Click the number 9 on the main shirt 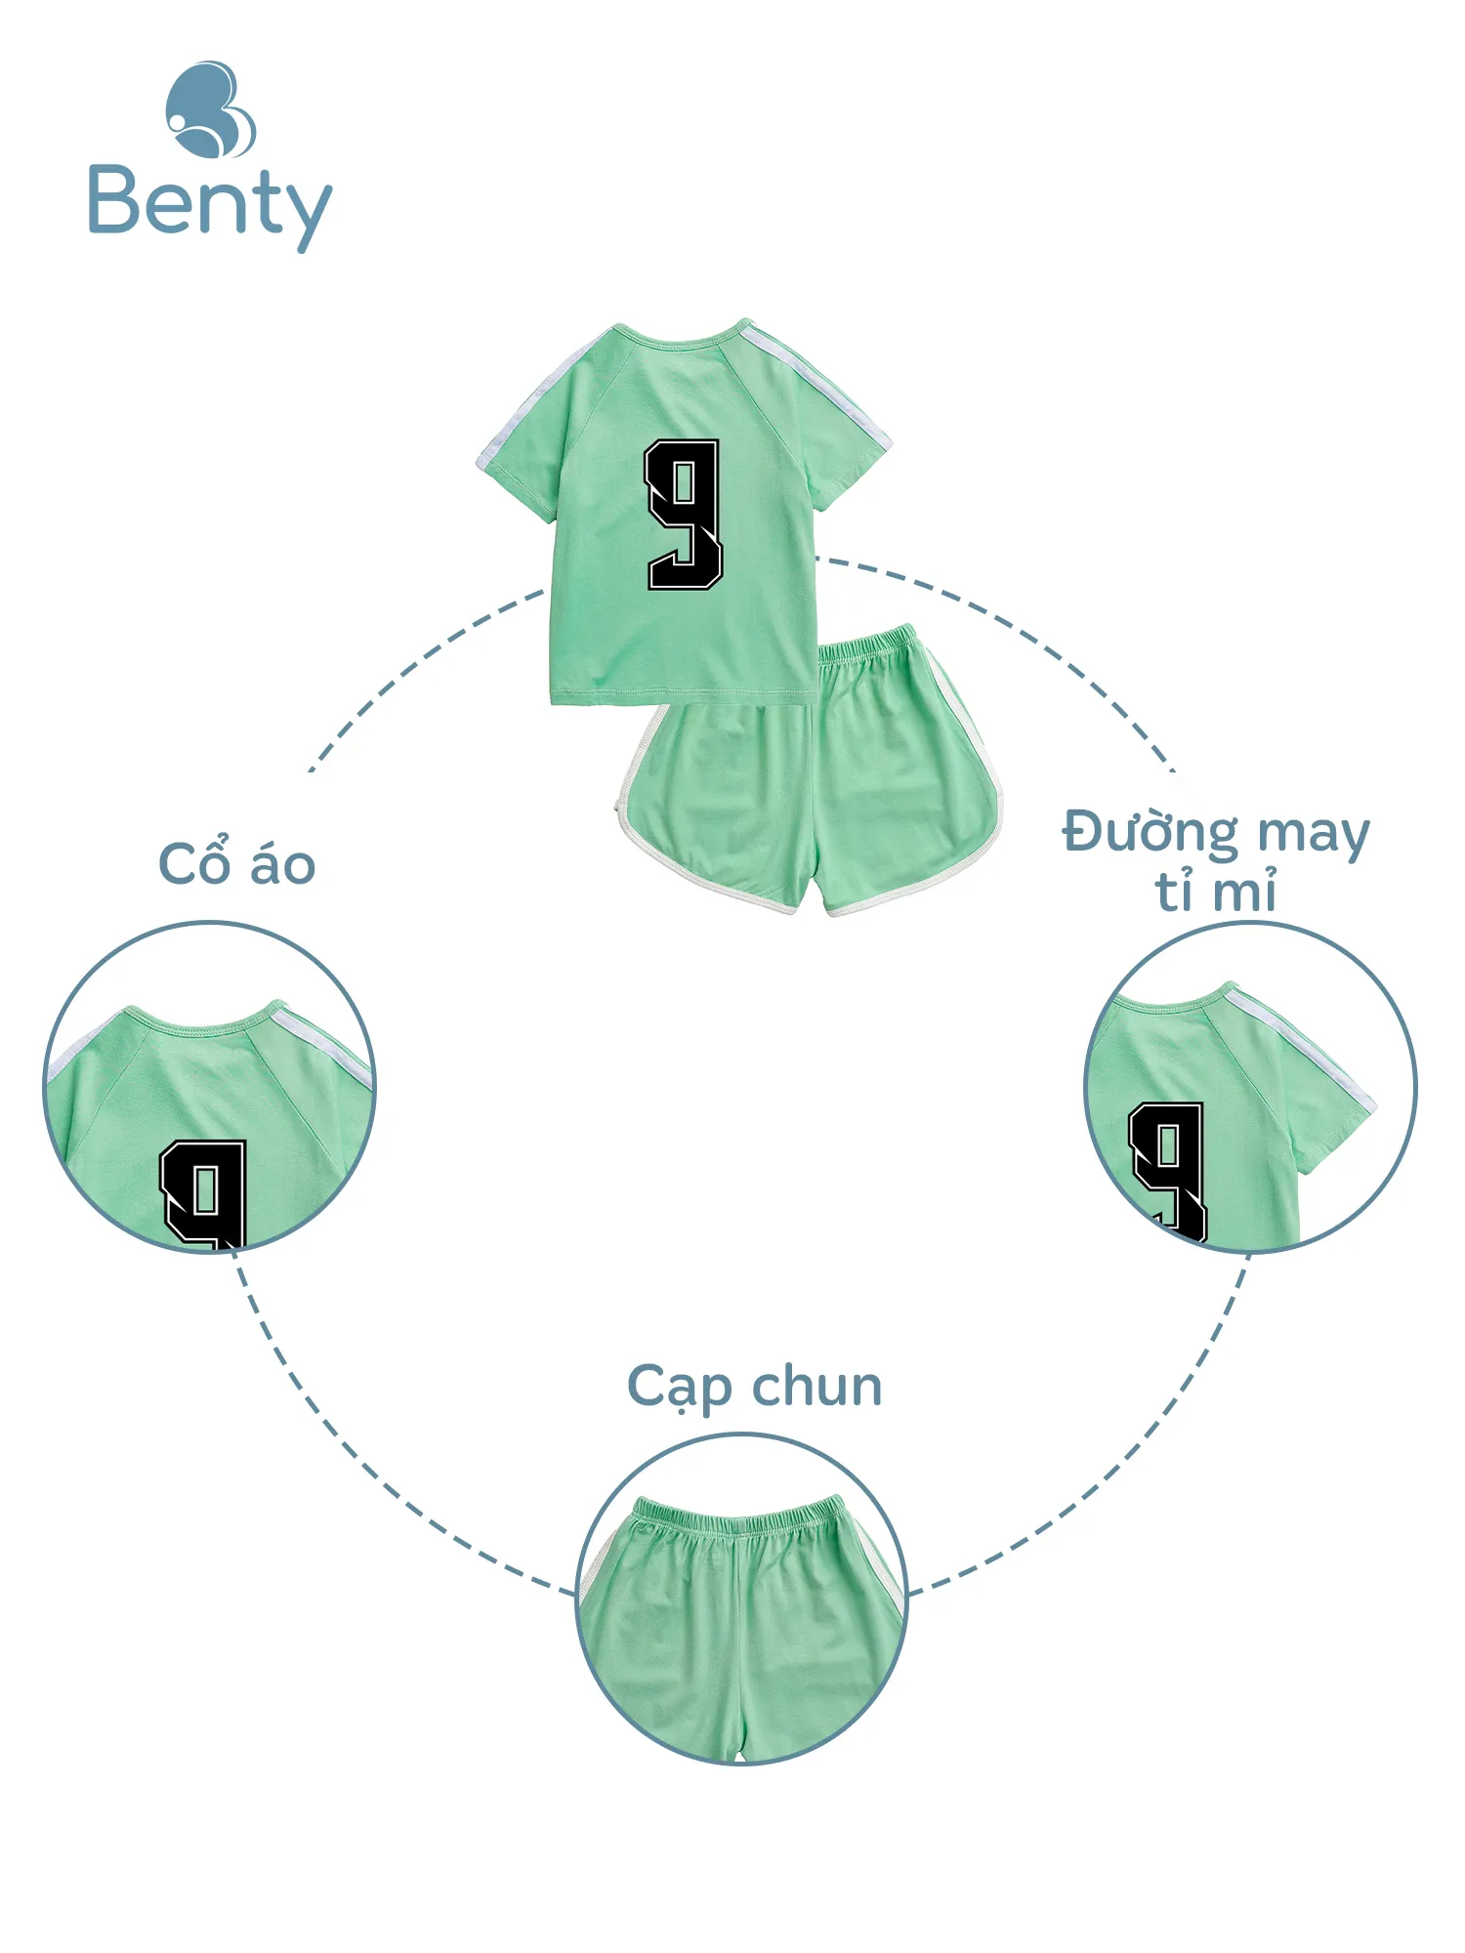tap(684, 515)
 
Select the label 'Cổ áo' tap(237, 863)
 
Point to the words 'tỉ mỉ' tap(1216, 891)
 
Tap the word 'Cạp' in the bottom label tap(680, 1388)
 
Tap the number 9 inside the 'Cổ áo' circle tap(204, 1194)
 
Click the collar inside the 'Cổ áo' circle tap(204, 1020)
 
